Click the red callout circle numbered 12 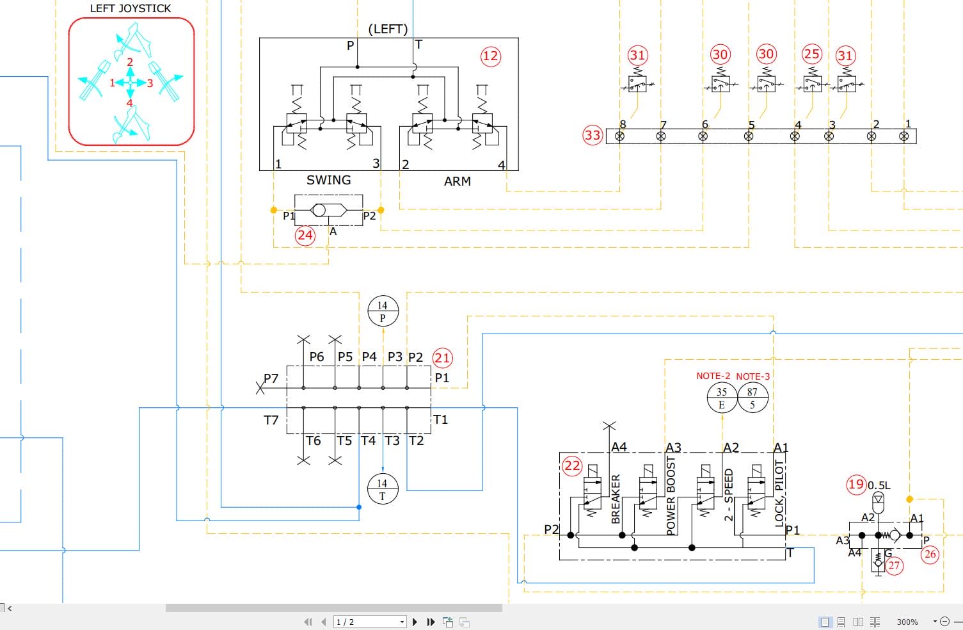(490, 56)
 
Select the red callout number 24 (305, 235)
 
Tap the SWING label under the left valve (328, 180)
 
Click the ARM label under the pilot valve (457, 181)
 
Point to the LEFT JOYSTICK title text (131, 8)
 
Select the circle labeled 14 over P (383, 311)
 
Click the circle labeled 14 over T (383, 489)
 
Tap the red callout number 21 (442, 357)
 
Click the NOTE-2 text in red (713, 376)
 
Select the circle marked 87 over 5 (752, 398)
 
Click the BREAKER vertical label (616, 499)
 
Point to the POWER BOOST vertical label (671, 495)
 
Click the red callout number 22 (572, 465)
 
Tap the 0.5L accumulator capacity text (879, 485)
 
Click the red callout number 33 (593, 135)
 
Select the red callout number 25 (811, 54)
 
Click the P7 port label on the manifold (271, 378)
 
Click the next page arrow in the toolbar (415, 622)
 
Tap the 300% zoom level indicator (907, 622)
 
